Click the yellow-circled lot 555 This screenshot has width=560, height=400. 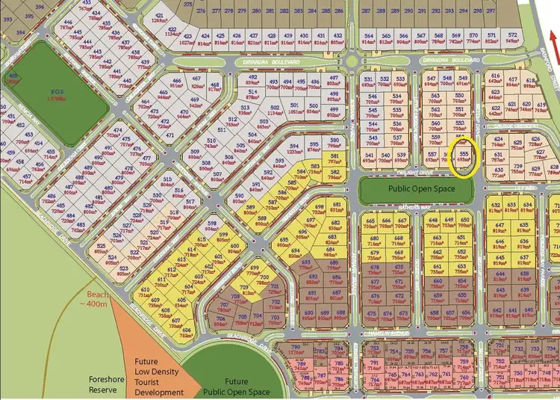pyautogui.click(x=464, y=157)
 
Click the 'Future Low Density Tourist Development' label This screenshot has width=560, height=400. pyautogui.click(x=158, y=377)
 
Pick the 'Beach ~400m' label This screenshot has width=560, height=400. pyautogui.click(x=95, y=300)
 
